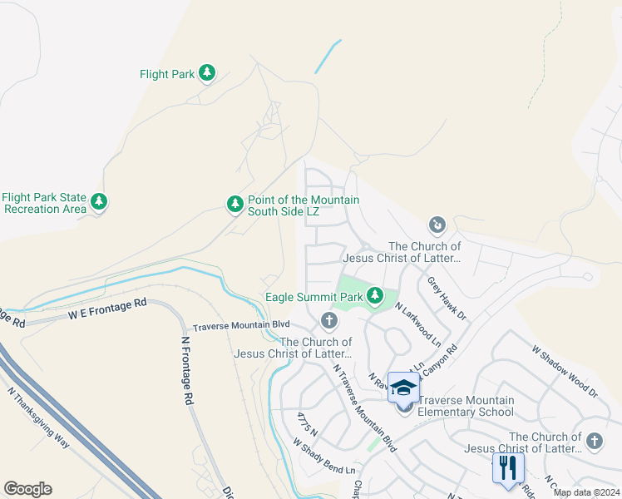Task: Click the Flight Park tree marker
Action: point(207,74)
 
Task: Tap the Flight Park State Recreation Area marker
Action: point(100,202)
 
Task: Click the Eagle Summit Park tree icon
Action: point(376,296)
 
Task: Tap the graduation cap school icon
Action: point(403,388)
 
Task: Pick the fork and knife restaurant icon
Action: point(508,467)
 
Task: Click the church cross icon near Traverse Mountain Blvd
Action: point(329,320)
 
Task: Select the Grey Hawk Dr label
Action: point(447,299)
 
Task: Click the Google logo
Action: point(27,489)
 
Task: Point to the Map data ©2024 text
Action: point(585,492)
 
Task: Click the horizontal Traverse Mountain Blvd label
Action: point(241,325)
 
